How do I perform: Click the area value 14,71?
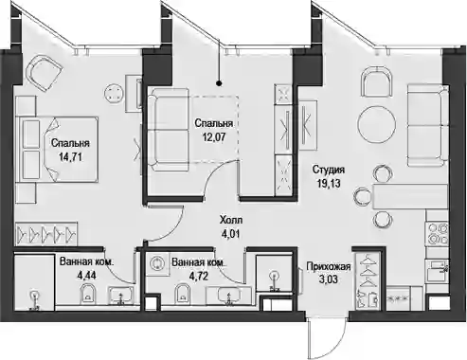click(x=70, y=157)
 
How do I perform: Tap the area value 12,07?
click(x=214, y=137)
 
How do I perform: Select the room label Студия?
click(x=329, y=171)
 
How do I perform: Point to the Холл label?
click(x=231, y=220)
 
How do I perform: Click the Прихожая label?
click(x=329, y=267)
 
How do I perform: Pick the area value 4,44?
click(x=86, y=276)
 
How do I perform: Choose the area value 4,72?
click(x=198, y=276)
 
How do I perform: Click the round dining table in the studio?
click(x=377, y=125)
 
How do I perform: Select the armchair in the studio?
click(x=377, y=82)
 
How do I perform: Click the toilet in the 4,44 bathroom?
click(x=88, y=294)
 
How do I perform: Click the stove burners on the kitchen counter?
click(x=437, y=234)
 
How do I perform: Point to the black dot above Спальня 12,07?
click(x=219, y=83)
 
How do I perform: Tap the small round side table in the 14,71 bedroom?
click(x=114, y=93)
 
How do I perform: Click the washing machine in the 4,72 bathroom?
click(x=156, y=262)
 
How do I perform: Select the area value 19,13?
click(x=329, y=184)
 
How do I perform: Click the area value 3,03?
click(x=329, y=279)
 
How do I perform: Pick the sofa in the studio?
click(x=427, y=125)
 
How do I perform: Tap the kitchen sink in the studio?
click(x=437, y=270)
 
